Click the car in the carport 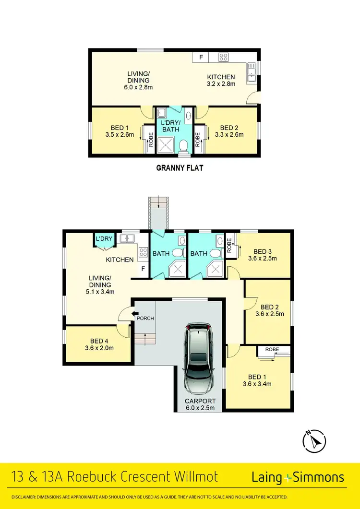198,357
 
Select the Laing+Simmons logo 298,477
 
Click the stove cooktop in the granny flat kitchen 224,57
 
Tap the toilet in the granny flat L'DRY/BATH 183,145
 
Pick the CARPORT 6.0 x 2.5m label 201,404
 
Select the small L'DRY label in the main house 104,238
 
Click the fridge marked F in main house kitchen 143,269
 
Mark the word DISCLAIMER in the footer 24,497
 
